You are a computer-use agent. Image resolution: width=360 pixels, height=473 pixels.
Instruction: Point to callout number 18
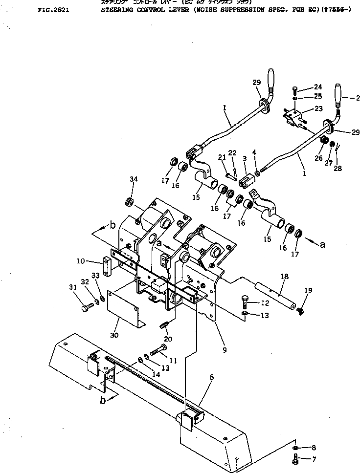[x=283, y=277]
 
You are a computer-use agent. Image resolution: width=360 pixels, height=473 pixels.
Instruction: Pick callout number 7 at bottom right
[x=313, y=459]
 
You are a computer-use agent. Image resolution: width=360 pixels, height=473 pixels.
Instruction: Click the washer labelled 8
[x=297, y=447]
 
